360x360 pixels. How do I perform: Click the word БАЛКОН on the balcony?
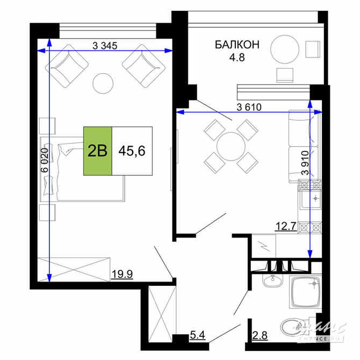(237, 45)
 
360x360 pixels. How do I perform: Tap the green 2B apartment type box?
(97, 150)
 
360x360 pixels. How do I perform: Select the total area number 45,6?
(132, 151)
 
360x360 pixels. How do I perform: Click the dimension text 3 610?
(249, 106)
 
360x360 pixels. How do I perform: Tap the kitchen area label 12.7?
(286, 226)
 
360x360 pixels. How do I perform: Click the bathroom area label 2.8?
(261, 336)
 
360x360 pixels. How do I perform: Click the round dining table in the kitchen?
(231, 146)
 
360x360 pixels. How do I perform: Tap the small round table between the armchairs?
(103, 83)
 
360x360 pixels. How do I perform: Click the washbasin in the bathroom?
(273, 281)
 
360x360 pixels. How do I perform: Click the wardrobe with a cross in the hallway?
(161, 312)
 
